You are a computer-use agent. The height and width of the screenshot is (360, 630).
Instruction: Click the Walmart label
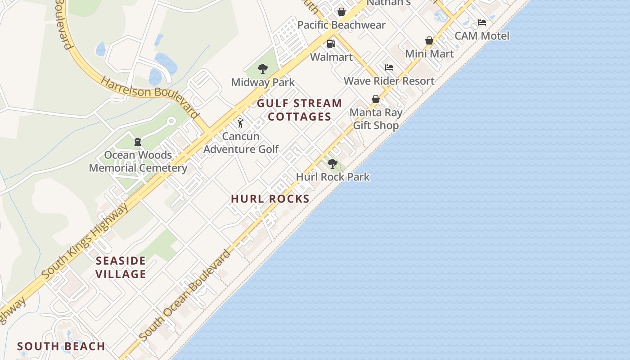tap(331, 57)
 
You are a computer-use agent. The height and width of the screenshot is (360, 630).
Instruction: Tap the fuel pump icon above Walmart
tap(331, 44)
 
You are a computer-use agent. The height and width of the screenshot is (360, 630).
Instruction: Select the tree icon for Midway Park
tap(263, 69)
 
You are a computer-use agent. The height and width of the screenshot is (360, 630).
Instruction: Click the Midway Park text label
tap(263, 82)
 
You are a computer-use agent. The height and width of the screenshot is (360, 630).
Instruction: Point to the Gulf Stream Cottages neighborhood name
tap(299, 110)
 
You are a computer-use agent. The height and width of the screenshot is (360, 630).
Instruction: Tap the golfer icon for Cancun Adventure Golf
tap(240, 122)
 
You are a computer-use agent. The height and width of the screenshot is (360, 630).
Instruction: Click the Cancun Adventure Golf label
tap(241, 142)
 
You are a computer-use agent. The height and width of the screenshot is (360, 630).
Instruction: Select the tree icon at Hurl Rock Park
tap(333, 164)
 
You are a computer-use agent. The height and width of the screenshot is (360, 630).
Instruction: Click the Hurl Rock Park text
tap(333, 177)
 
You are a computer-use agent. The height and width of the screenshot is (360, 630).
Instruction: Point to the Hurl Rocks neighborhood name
tap(270, 199)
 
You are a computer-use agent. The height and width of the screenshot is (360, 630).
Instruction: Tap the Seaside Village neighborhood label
tap(121, 267)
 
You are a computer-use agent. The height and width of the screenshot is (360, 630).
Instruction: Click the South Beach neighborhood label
tap(61, 346)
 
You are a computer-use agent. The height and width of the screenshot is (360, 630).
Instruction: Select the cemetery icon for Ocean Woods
tap(138, 142)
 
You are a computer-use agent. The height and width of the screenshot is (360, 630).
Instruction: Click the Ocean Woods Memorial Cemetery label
tap(138, 162)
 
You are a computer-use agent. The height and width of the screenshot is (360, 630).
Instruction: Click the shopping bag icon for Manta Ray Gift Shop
tap(376, 99)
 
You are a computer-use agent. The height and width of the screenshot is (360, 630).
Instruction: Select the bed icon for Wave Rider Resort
tap(389, 67)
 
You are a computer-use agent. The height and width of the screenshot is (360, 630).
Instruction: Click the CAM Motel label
tap(482, 36)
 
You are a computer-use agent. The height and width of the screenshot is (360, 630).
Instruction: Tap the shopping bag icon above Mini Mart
tap(429, 40)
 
